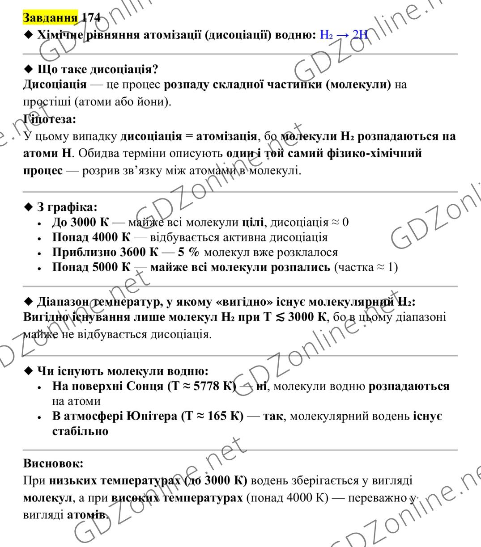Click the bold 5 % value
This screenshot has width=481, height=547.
(188, 252)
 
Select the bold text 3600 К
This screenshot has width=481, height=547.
(139, 252)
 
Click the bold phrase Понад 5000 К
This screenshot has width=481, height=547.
(91, 267)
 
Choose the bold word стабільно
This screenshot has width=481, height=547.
(80, 431)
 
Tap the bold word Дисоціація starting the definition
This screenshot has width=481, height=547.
(55, 84)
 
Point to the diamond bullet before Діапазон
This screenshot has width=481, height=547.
(29, 302)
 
